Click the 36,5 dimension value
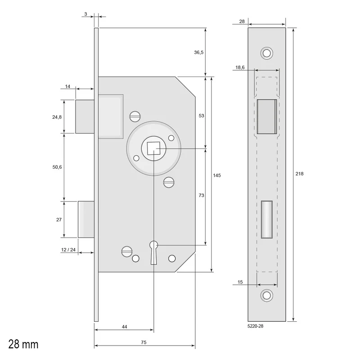coord(198,52)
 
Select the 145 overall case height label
coord(217,175)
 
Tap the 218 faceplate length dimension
coord(299,174)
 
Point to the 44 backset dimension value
coord(124,327)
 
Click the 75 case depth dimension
coord(144,342)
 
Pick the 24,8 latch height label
coord(57,117)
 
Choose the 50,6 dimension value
coord(57,167)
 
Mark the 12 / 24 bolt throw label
coord(68,250)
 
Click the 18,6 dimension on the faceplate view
coord(240,67)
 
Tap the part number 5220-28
coord(255,326)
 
